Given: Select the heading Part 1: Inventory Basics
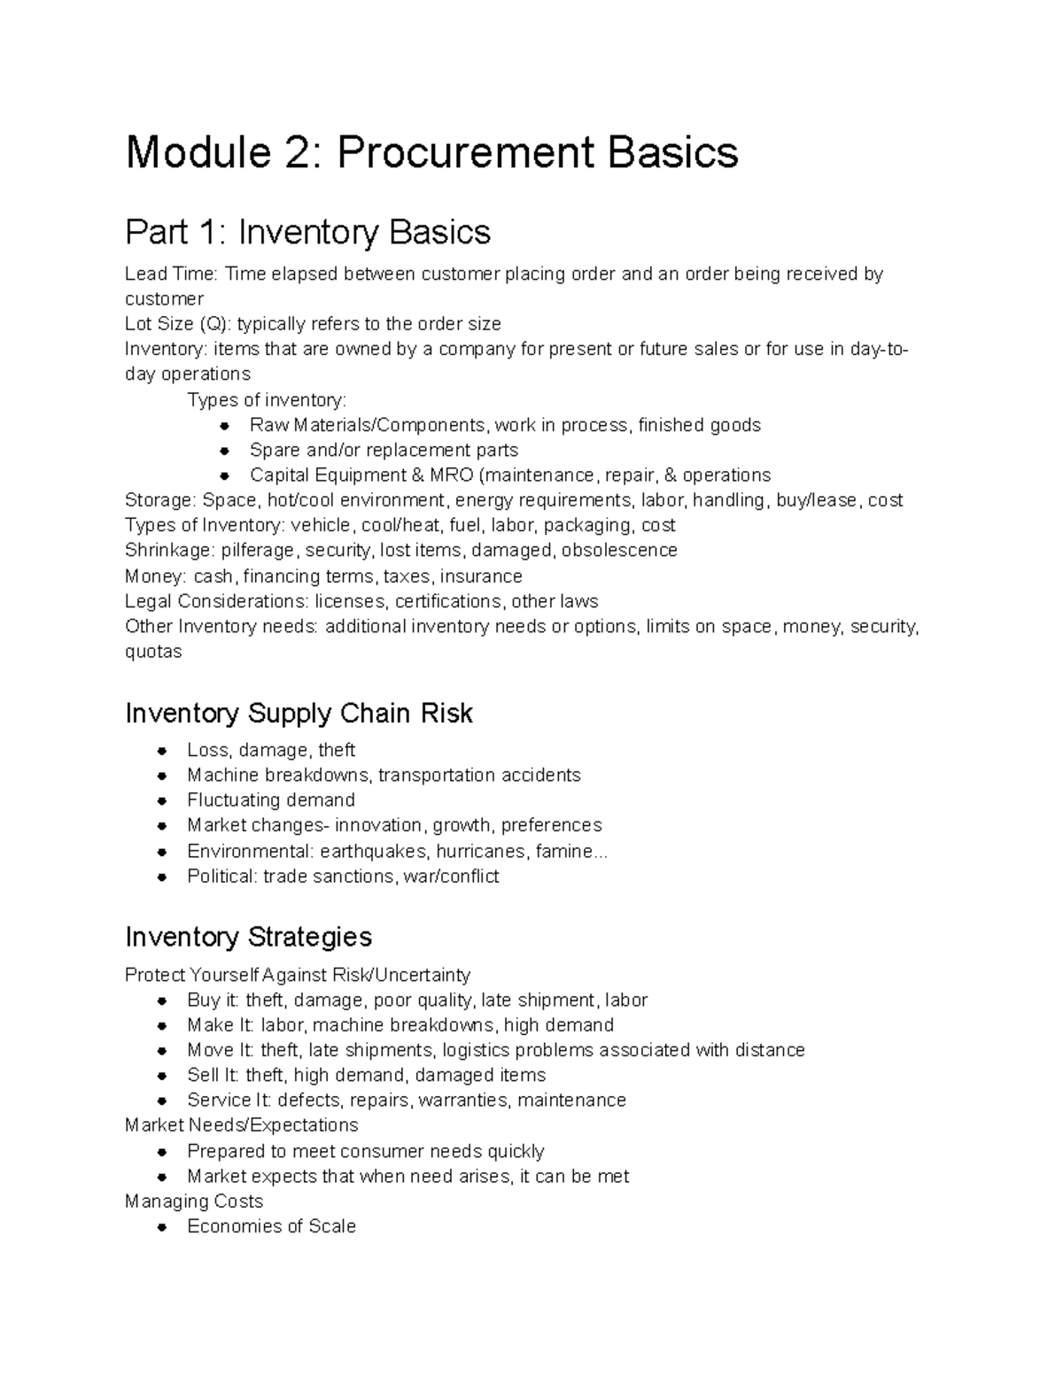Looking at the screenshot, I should (307, 232).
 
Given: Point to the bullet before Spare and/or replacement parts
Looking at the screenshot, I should (226, 450).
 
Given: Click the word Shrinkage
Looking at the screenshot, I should (168, 550).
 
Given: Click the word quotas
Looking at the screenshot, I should (153, 652).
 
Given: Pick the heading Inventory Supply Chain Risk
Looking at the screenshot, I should (299, 713).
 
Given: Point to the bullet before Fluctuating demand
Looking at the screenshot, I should (162, 800).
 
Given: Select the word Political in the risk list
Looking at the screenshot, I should (220, 876).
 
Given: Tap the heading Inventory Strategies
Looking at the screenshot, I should (248, 936).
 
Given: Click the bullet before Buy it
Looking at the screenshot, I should (162, 1000).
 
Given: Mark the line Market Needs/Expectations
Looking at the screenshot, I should (241, 1124).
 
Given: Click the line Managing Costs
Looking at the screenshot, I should (194, 1201).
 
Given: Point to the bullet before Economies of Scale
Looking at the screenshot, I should (162, 1227).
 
